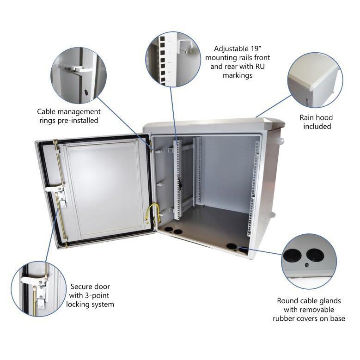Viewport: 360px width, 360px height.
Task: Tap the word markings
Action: coord(238,75)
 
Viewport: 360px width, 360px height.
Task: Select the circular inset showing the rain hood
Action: coord(315,79)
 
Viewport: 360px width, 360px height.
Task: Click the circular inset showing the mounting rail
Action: coord(173,59)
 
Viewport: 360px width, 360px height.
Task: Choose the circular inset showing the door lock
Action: coord(38,288)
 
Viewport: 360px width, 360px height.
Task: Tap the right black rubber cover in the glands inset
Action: coord(314,255)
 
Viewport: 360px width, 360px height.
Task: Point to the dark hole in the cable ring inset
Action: coord(86,92)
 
